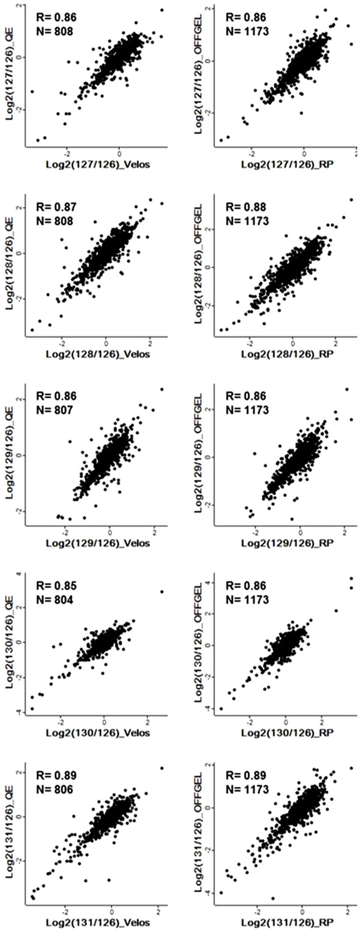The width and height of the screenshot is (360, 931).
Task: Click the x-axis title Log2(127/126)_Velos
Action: (x=98, y=164)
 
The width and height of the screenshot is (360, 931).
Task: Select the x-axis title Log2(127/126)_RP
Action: (x=287, y=164)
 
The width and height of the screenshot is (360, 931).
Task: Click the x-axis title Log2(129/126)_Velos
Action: (x=98, y=543)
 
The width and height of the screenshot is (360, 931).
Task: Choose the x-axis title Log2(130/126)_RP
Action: (x=287, y=732)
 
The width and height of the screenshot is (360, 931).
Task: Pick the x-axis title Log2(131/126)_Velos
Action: (x=98, y=922)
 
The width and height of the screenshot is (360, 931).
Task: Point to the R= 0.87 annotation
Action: (x=56, y=207)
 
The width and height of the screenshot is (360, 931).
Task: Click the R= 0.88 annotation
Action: (x=246, y=207)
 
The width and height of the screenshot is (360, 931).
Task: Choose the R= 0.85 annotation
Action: (x=56, y=586)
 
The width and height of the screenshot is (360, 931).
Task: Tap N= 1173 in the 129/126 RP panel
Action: (x=247, y=410)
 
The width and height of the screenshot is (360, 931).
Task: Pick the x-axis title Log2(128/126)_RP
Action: (x=287, y=354)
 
